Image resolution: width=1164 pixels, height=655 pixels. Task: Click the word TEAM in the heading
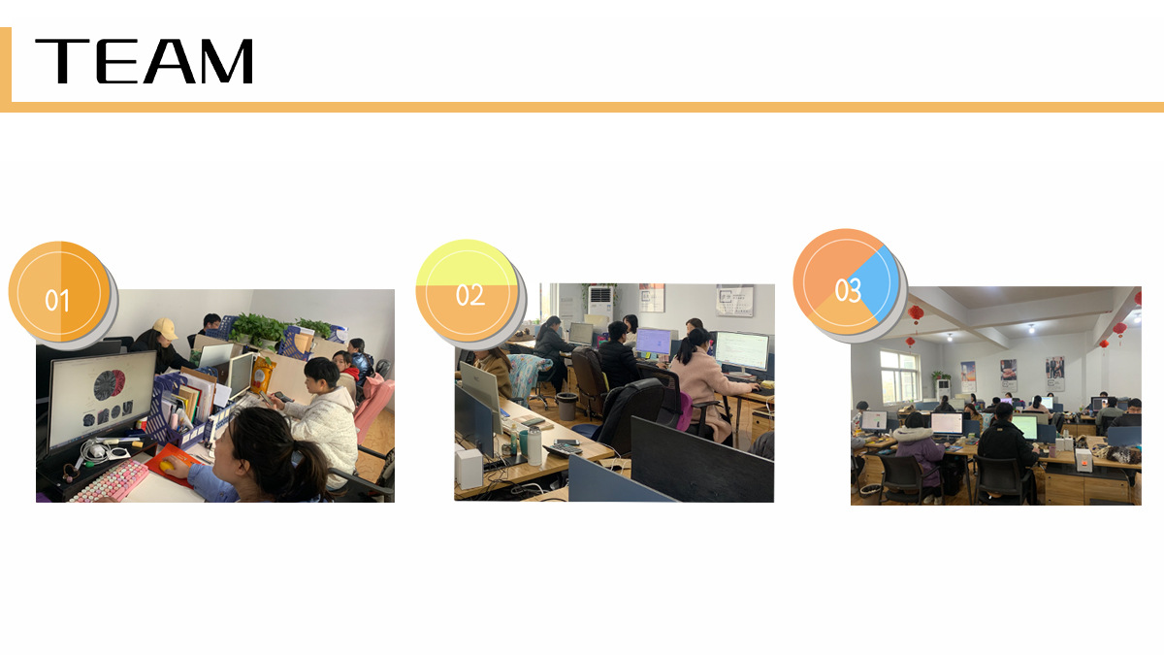click(144, 61)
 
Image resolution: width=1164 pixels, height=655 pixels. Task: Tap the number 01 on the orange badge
click(57, 301)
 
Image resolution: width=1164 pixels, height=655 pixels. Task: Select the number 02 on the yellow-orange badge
click(470, 295)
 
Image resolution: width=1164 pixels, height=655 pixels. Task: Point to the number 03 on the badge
click(848, 290)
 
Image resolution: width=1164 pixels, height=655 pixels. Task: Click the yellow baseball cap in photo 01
click(165, 328)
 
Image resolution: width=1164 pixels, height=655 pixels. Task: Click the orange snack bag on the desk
click(263, 374)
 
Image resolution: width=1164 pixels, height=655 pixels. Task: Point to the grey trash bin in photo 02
click(566, 406)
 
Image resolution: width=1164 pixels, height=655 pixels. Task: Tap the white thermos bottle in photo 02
click(534, 446)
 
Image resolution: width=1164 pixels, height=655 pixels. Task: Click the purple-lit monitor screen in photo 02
click(653, 342)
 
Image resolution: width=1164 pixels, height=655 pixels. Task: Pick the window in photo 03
click(899, 376)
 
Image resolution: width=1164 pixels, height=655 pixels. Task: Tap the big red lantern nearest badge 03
click(916, 313)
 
